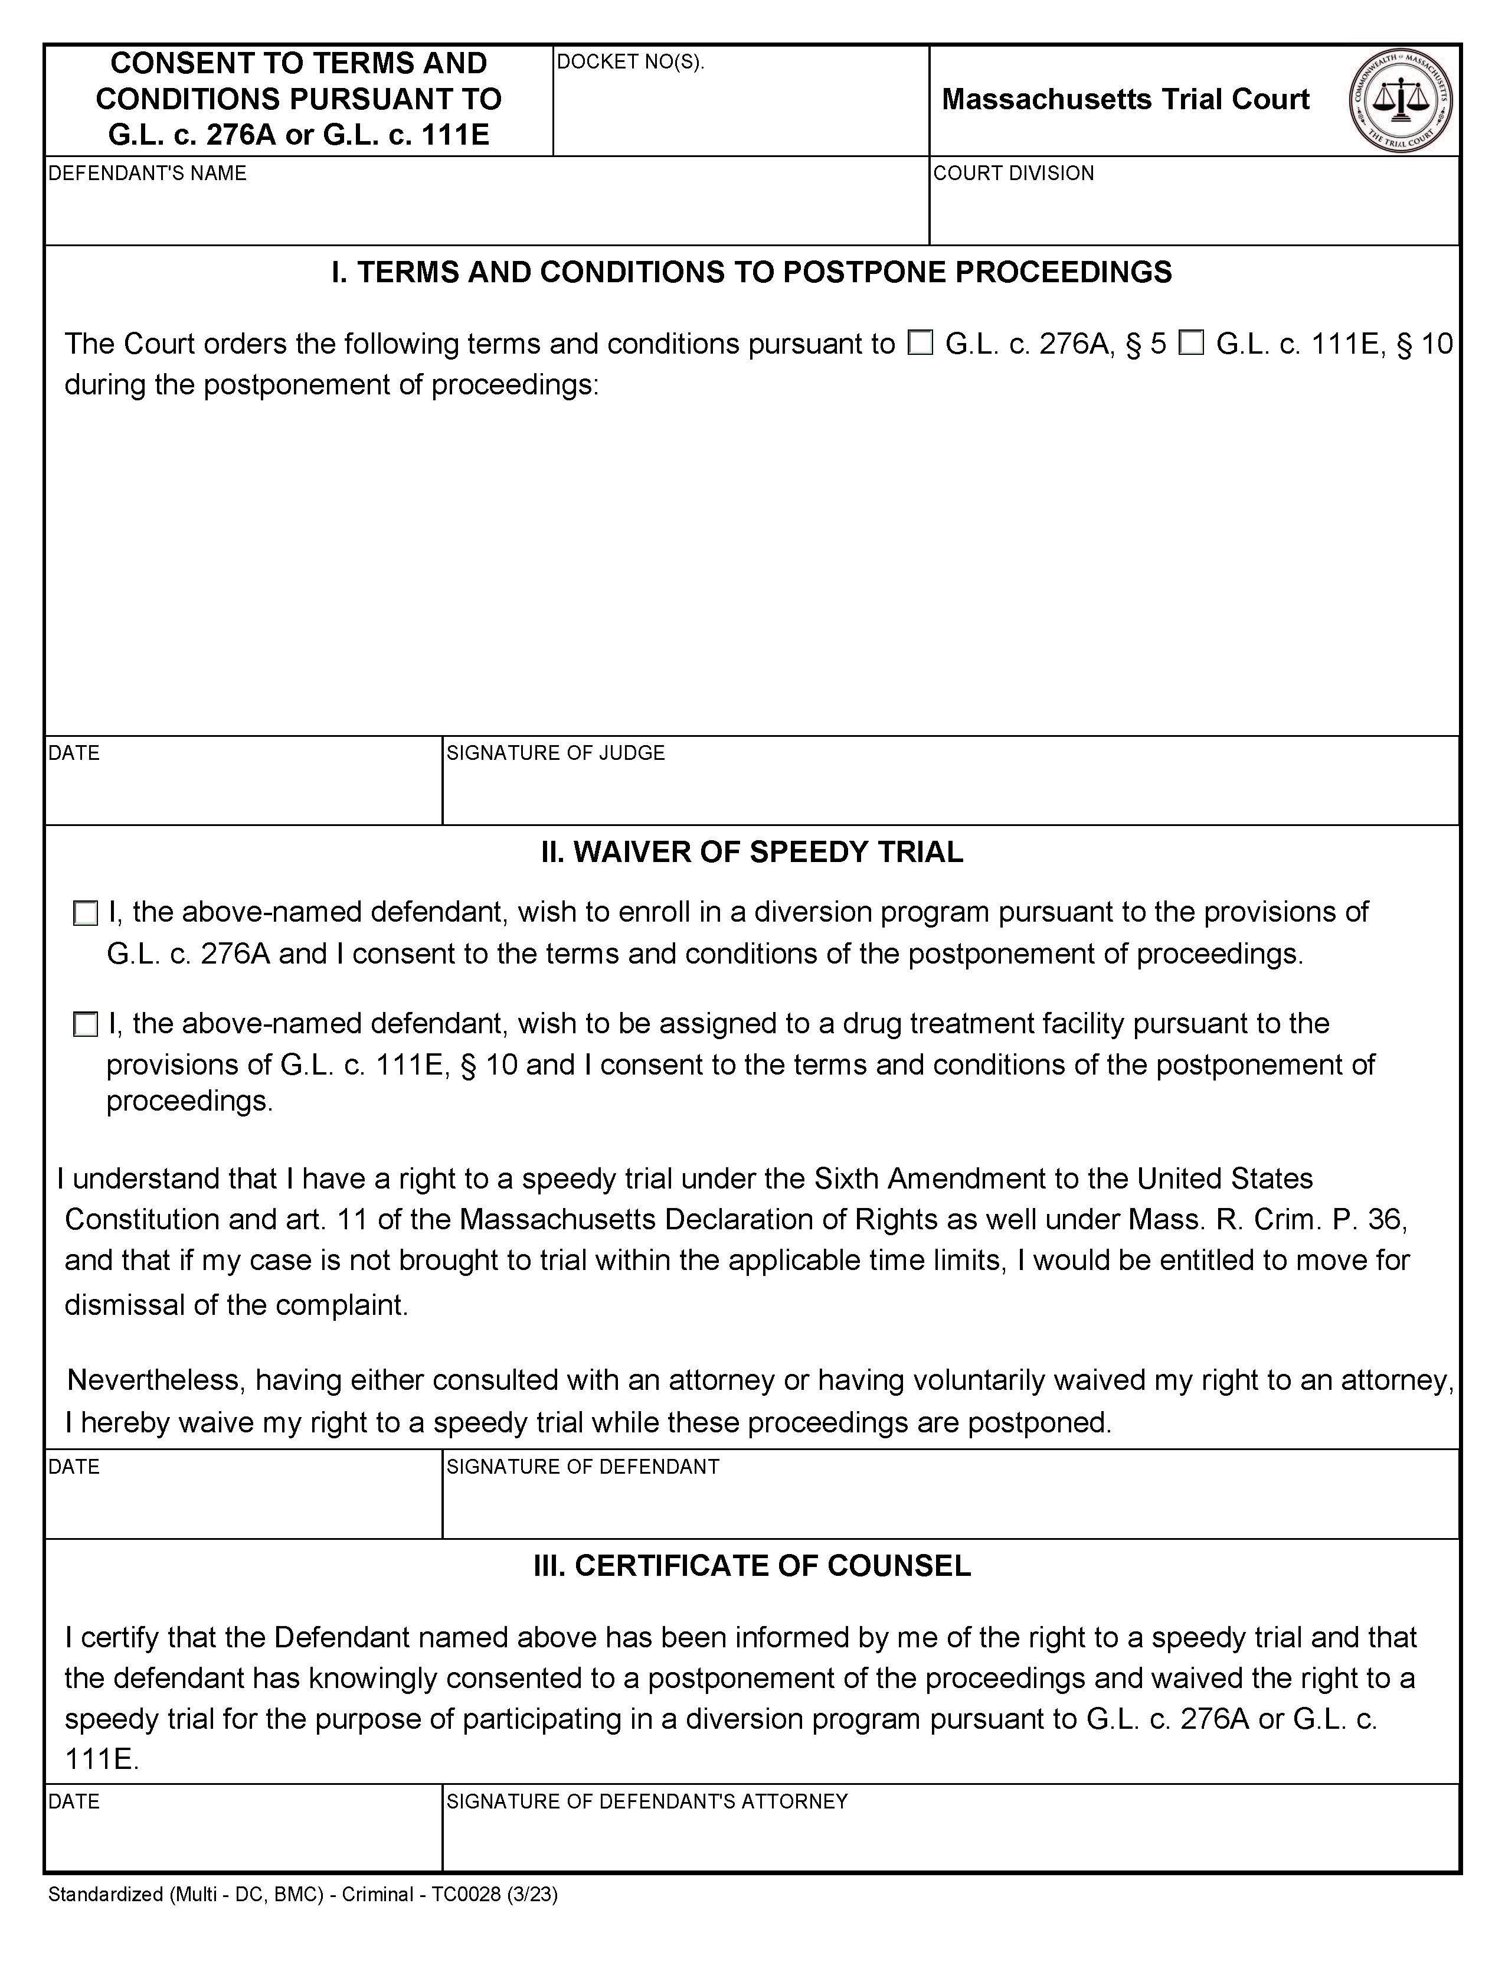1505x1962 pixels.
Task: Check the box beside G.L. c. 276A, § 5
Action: (x=920, y=342)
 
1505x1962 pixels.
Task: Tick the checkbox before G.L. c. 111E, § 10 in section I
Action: (x=1190, y=342)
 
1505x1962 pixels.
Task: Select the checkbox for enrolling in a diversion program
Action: (x=85, y=913)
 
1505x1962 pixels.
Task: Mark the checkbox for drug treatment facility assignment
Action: (x=85, y=1024)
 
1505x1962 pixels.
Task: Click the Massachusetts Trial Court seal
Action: (x=1400, y=100)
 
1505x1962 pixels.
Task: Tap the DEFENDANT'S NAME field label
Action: (x=147, y=173)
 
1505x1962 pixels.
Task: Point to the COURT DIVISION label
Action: (x=1013, y=173)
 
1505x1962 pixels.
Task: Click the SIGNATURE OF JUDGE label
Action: (x=555, y=753)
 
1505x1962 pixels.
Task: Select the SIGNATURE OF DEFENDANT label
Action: (x=583, y=1467)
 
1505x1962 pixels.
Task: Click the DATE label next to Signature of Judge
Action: (x=73, y=753)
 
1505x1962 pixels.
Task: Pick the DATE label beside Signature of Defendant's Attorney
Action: (x=73, y=1801)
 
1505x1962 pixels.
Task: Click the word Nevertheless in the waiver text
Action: (x=155, y=1379)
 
